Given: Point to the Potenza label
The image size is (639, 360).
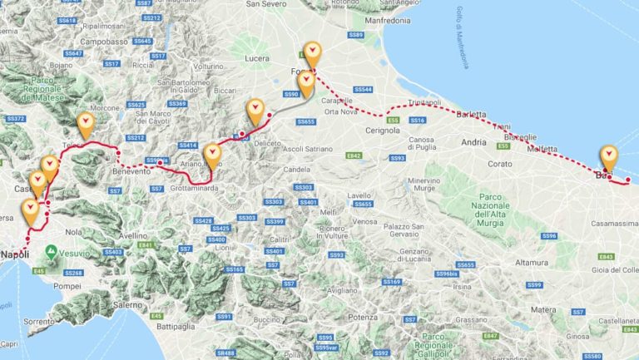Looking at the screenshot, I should click(364, 318).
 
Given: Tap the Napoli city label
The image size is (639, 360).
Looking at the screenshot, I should click(16, 254).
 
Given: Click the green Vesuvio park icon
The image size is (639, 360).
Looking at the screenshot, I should click(52, 250).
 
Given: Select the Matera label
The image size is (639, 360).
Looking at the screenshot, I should click(543, 309).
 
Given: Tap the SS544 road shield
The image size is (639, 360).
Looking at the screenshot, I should click(363, 89).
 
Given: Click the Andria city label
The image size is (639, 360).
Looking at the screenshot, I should click(473, 142).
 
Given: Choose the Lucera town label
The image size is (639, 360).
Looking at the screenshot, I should click(259, 58).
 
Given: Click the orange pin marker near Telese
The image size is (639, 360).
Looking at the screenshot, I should click(85, 125).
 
